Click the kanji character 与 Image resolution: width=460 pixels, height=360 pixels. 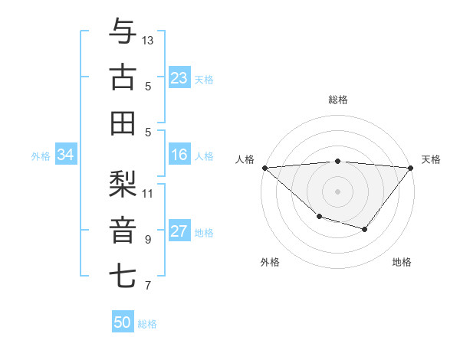click(123, 33)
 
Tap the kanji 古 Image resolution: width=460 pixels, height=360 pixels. click(123, 78)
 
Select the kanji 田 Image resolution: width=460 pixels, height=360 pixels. click(123, 123)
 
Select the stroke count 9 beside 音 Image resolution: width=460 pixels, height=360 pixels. click(147, 239)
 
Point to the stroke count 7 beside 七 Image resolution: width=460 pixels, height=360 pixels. click(147, 286)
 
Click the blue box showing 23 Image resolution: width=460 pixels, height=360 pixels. click(179, 77)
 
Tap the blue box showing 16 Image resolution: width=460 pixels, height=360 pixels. click(179, 155)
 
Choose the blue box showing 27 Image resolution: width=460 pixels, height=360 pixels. click(179, 232)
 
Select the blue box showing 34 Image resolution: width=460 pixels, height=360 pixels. click(65, 155)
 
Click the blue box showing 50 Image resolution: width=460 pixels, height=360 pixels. click(123, 322)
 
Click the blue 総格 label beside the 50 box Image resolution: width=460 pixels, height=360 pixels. click(147, 324)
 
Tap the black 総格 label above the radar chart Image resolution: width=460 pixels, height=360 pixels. click(337, 100)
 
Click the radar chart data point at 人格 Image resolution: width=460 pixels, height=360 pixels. click(264, 168)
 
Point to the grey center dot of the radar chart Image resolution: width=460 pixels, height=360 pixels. click(337, 191)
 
